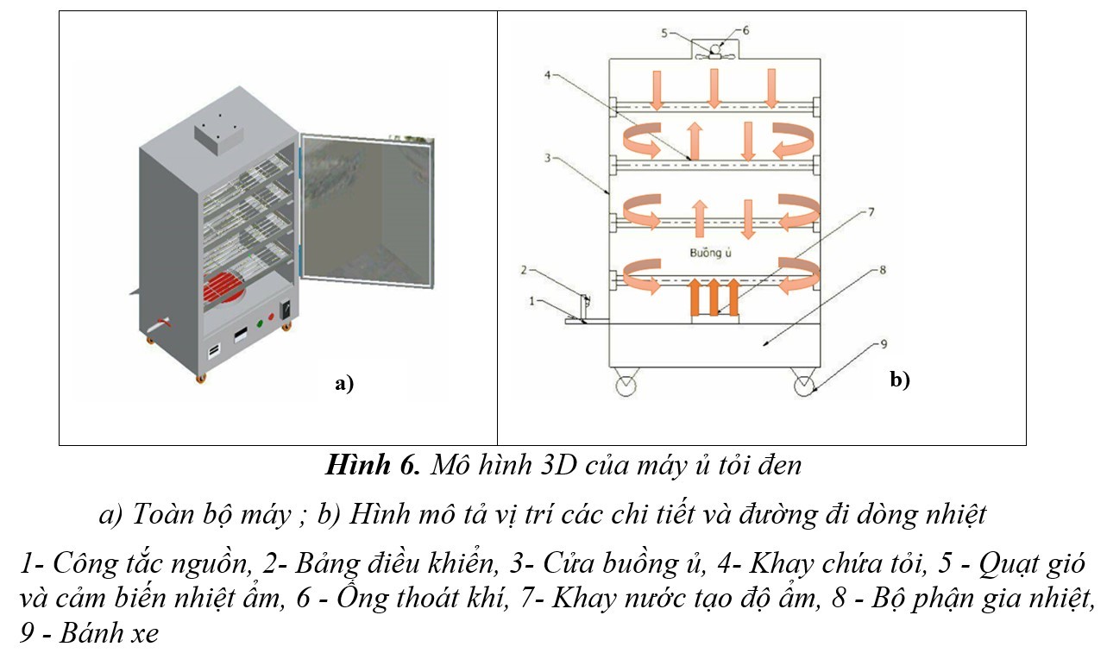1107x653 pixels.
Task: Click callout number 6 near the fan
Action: (x=745, y=29)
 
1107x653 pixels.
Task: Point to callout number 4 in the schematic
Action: (x=547, y=74)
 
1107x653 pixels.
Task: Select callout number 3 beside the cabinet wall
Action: (x=547, y=158)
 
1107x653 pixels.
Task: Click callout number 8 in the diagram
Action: (x=881, y=270)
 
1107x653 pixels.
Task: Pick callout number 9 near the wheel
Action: (x=882, y=344)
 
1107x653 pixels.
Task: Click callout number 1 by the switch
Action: (x=532, y=301)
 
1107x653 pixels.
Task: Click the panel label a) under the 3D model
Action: (x=344, y=385)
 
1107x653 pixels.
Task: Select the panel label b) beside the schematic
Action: (x=900, y=379)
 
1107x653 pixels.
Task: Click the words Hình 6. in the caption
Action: (x=372, y=466)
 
